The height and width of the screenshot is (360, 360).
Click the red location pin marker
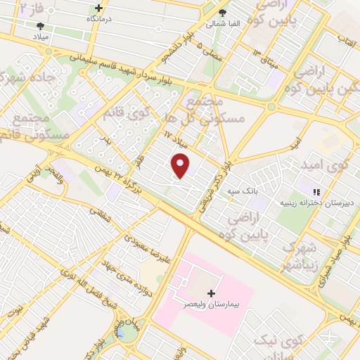coord(181,166)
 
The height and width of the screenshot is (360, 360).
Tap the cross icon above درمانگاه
coord(98,8)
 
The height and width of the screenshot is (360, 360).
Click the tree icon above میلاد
coord(40,26)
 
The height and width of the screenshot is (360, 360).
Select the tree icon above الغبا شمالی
coord(223,12)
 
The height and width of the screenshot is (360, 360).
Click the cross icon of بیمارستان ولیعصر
coord(211,292)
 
